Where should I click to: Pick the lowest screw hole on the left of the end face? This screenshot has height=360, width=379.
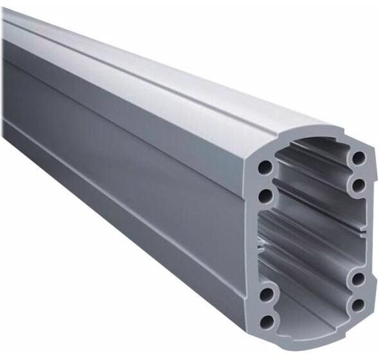pos(266,321)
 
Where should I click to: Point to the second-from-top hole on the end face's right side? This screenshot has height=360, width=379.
pos(358,185)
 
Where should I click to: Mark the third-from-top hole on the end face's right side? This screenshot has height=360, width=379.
pos(358,279)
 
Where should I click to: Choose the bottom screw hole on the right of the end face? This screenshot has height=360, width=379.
pos(358,304)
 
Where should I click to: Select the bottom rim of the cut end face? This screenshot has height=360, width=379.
pos(308,336)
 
